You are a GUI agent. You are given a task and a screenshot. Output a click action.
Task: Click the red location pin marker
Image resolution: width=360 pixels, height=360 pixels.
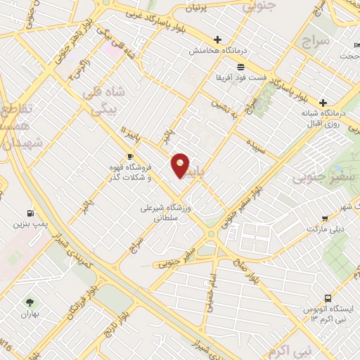(x=181, y=165)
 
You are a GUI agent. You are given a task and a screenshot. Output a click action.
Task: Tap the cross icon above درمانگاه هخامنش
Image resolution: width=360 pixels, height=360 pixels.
(x=217, y=40)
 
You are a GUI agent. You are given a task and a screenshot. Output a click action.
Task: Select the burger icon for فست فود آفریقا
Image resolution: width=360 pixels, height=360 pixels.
(x=241, y=67)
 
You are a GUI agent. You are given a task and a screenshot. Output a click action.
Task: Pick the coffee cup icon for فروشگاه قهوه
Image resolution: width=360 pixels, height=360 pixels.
(x=130, y=156)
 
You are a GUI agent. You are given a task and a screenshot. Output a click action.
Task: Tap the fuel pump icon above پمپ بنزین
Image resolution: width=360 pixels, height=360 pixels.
(x=29, y=213)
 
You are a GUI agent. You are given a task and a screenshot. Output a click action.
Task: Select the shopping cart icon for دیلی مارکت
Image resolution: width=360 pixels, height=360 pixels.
(x=324, y=219)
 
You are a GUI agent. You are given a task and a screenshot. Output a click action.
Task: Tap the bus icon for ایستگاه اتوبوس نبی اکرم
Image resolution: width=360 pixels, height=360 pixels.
(x=329, y=297)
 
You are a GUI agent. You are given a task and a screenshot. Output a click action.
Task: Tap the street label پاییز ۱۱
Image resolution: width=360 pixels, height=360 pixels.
(x=131, y=134)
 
